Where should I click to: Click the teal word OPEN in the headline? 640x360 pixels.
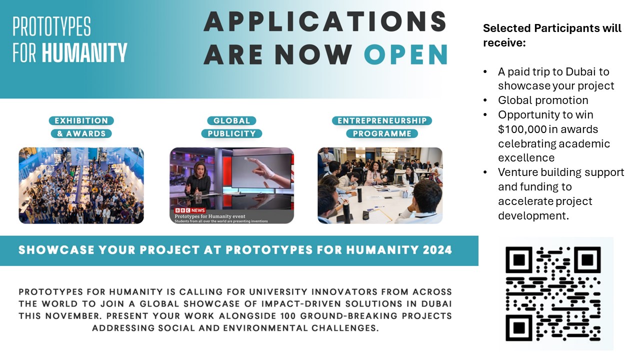(x=406, y=54)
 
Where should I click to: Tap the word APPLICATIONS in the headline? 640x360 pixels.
(x=325, y=21)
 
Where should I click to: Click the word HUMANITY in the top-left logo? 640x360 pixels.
(x=84, y=52)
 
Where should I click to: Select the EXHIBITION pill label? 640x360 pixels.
(x=81, y=120)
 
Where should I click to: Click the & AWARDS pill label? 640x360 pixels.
(x=81, y=133)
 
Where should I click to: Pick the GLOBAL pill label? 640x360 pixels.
(x=231, y=120)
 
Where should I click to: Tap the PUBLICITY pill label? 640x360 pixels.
(x=231, y=133)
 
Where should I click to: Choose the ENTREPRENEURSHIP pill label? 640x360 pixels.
(x=382, y=120)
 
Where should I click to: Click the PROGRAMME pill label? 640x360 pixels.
(x=382, y=133)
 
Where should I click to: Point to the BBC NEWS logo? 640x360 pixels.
(x=190, y=210)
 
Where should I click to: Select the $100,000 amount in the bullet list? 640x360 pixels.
(x=522, y=129)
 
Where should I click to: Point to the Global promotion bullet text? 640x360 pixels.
(x=543, y=100)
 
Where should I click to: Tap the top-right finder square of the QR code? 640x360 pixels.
(x=587, y=260)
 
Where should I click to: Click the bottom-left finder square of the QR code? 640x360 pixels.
(x=519, y=327)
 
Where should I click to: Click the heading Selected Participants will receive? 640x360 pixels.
(x=552, y=35)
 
